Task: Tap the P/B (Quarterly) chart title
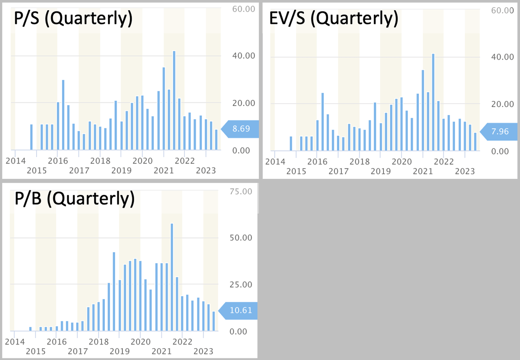(74, 199)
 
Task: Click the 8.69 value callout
(241, 129)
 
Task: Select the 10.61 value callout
(240, 311)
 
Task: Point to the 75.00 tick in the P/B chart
(241, 191)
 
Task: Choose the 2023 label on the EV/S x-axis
(465, 171)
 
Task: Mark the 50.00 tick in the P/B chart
(241, 238)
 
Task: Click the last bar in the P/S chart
(217, 140)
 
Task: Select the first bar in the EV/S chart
(291, 143)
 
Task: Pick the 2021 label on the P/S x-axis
(164, 170)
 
